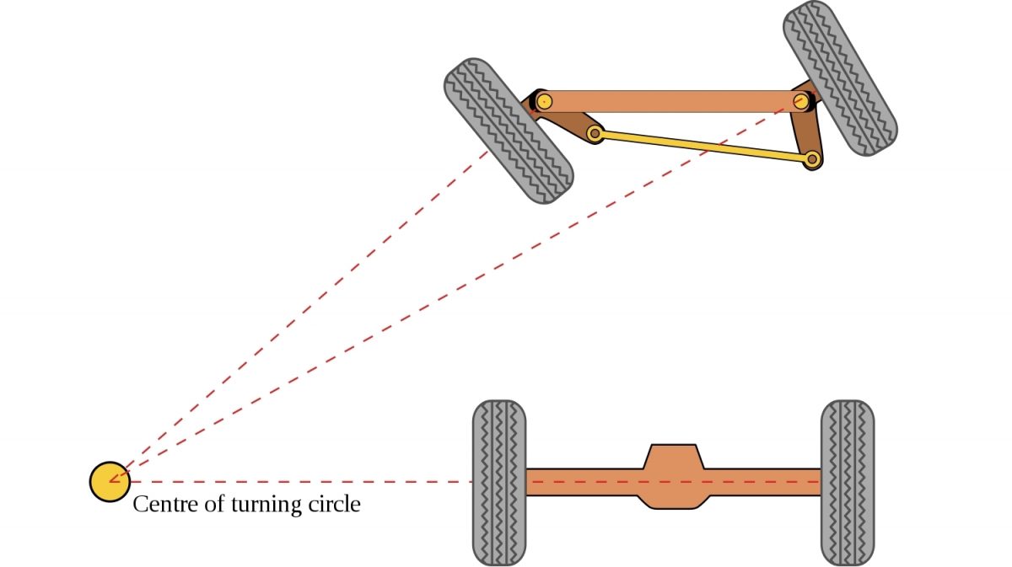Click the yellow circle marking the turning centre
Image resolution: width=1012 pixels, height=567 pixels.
(x=110, y=482)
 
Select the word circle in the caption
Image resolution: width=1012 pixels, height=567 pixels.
(x=333, y=505)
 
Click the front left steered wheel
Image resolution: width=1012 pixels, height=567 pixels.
(x=509, y=131)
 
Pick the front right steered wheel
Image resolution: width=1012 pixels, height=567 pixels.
(x=840, y=79)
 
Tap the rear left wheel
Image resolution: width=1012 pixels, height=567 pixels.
(x=499, y=482)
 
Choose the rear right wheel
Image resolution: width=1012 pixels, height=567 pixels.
(x=848, y=482)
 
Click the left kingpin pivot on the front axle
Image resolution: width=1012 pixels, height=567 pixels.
(x=545, y=102)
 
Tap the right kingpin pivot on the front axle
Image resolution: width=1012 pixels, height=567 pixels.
(x=801, y=102)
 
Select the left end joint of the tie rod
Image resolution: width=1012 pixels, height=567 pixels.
(x=595, y=133)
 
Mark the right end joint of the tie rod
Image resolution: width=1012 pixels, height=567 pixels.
(x=812, y=158)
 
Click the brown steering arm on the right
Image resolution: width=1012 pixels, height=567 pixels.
(x=807, y=131)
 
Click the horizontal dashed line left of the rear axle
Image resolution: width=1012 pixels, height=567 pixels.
(x=295, y=482)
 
